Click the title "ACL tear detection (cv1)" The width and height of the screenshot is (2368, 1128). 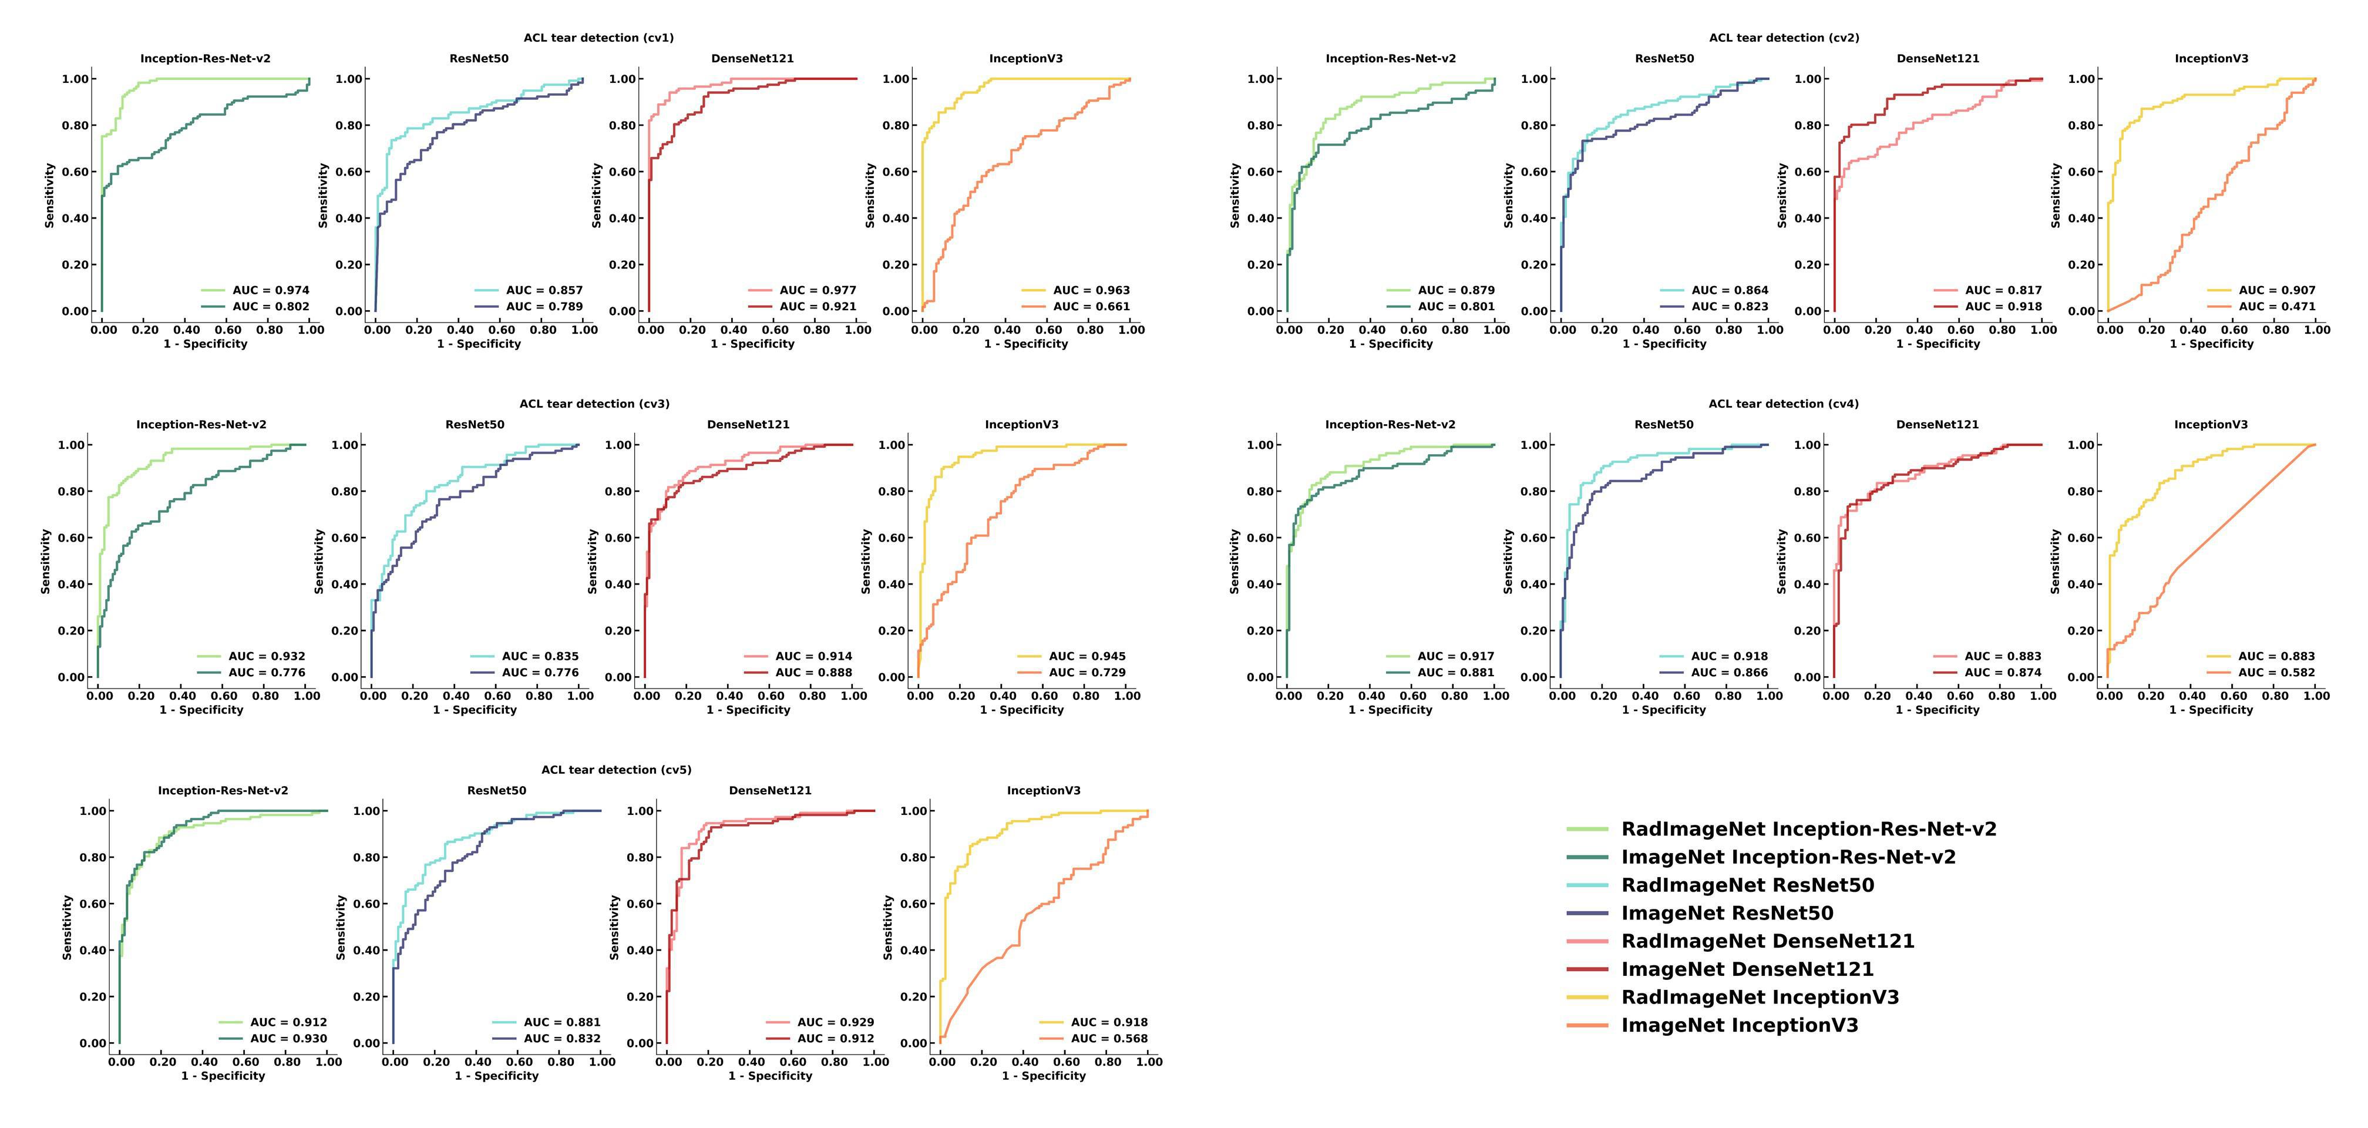598,38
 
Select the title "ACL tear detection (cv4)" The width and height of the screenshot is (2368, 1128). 1784,404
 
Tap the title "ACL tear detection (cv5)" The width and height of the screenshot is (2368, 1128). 616,770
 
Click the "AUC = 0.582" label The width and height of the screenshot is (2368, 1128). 2276,673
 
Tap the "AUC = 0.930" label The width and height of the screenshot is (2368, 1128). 288,1039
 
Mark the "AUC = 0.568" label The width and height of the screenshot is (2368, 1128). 1109,1039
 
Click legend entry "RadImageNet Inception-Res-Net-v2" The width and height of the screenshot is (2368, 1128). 1808,829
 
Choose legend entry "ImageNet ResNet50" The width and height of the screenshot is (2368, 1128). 1726,914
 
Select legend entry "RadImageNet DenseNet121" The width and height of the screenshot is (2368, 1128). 1767,941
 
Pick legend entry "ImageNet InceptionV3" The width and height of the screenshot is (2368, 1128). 1739,1026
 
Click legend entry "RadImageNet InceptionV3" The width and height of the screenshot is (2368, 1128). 1760,998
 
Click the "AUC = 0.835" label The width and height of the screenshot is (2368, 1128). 540,656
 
